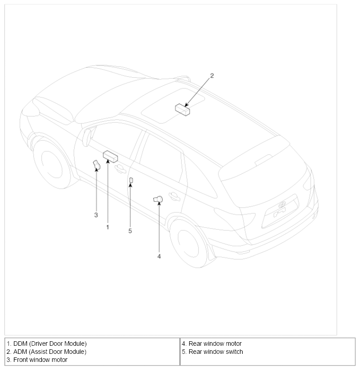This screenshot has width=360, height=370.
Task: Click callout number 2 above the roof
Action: [x=212, y=75]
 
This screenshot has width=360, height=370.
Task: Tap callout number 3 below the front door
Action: [x=96, y=215]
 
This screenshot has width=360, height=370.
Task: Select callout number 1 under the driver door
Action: [x=107, y=227]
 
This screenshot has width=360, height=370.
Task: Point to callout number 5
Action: [x=130, y=231]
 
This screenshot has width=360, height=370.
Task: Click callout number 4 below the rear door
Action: [x=159, y=256]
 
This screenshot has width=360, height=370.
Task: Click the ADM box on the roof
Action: [x=182, y=109]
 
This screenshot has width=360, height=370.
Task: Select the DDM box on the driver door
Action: [x=110, y=156]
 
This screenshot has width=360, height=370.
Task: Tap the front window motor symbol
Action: [x=96, y=166]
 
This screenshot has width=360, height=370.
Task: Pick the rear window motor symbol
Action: [x=158, y=200]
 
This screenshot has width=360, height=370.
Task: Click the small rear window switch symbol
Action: [x=131, y=180]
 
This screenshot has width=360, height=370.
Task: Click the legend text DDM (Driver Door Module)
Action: [x=47, y=344]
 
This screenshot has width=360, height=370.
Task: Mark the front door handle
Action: [x=120, y=168]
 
